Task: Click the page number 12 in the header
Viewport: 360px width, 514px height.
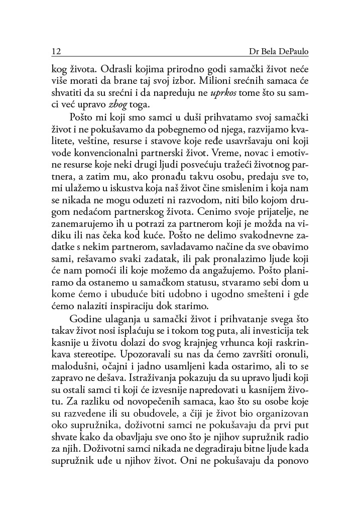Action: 56,52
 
